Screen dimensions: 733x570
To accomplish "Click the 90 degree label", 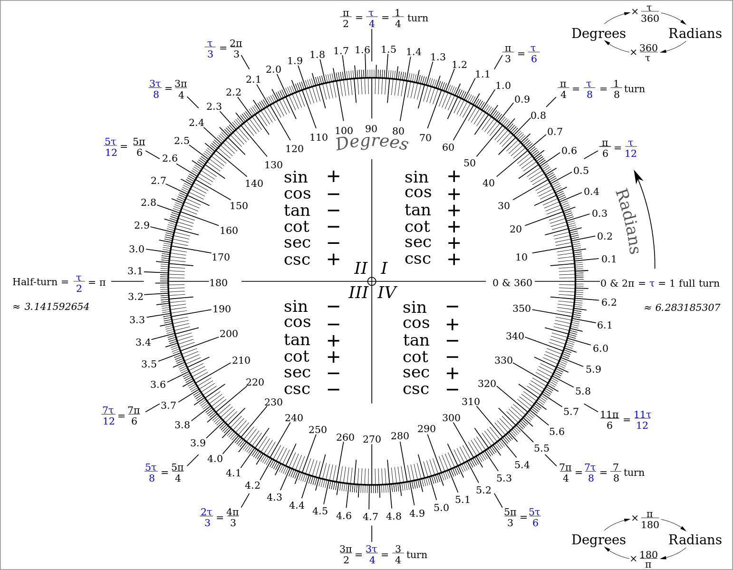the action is click(x=371, y=128).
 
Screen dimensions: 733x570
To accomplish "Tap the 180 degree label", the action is click(x=219, y=283).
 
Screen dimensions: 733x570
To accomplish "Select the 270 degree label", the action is click(x=372, y=439).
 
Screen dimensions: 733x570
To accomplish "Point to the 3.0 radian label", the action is click(x=136, y=249).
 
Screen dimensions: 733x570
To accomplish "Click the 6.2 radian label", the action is click(x=609, y=302).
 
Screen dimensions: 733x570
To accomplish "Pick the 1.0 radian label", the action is click(x=503, y=86).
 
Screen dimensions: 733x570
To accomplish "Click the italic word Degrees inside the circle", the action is click(x=372, y=143).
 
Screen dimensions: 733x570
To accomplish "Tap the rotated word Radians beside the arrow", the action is click(x=627, y=221).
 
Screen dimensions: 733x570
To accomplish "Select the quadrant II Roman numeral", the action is click(x=360, y=269).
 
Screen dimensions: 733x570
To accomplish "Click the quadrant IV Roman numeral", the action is click(x=386, y=292).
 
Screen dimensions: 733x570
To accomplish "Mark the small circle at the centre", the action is click(x=372, y=281).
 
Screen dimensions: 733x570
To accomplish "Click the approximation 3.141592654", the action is click(x=57, y=307).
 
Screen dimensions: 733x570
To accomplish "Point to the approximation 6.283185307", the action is click(x=687, y=308).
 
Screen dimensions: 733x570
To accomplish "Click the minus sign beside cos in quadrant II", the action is click(x=333, y=194).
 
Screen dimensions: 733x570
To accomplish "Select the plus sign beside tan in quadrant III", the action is click(x=333, y=341).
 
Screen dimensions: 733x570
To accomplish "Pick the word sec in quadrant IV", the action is click(x=416, y=372).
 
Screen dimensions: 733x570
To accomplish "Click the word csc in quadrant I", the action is click(x=418, y=259).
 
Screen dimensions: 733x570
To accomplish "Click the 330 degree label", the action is click(x=503, y=360).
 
